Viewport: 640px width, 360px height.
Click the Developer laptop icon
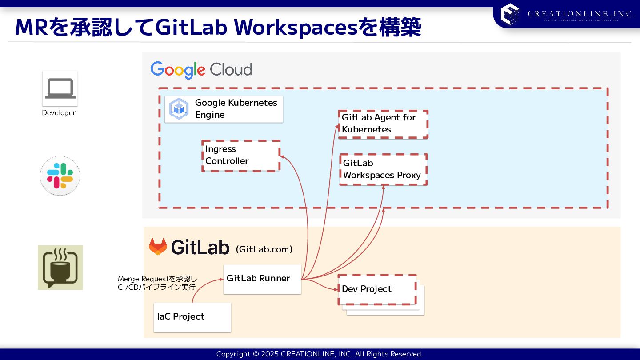[60, 88]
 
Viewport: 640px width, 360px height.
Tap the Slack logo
[60, 176]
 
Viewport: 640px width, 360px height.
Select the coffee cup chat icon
[60, 268]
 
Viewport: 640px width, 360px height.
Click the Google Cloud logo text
[201, 70]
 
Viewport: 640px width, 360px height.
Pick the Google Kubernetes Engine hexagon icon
[179, 109]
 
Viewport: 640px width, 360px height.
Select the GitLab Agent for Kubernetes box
[383, 124]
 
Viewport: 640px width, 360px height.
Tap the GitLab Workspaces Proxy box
[383, 169]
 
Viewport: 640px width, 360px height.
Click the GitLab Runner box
[262, 279]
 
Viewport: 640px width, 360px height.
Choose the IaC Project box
[192, 317]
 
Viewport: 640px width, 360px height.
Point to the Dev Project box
[377, 289]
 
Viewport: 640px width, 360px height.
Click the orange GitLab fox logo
[158, 247]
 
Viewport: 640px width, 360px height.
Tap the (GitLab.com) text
[264, 249]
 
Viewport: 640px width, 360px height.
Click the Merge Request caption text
[157, 283]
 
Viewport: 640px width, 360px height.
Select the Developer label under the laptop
[59, 113]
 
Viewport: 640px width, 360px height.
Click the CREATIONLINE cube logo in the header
[510, 14]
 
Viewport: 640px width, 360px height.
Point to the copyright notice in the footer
[320, 354]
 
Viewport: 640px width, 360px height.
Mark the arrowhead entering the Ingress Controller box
[282, 156]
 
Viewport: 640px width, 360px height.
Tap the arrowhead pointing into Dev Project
[336, 289]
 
